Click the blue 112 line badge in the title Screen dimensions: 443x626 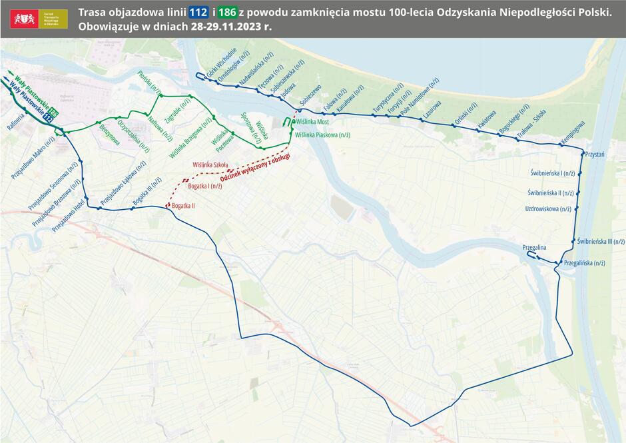point(198,13)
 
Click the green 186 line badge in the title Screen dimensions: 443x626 point(228,13)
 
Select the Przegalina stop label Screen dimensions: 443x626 point(534,247)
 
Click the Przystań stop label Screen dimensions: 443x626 point(595,154)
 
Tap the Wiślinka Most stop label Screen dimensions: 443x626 point(312,123)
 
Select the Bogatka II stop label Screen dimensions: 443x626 point(183,206)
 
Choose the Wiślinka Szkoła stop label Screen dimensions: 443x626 point(210,164)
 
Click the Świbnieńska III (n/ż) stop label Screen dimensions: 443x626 point(601,242)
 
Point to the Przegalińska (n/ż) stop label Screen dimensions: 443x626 point(584,263)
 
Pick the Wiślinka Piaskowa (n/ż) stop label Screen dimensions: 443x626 point(322,135)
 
